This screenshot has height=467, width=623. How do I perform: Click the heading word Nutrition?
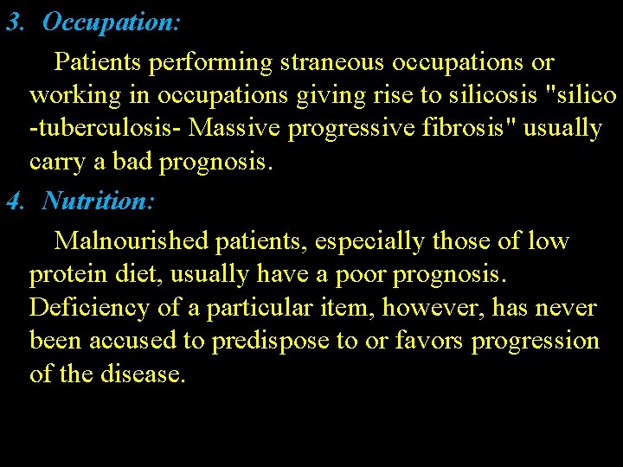98,202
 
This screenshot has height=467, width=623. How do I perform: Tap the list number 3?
13,23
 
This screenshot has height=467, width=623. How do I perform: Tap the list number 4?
13,202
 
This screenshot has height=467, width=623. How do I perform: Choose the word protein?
66,275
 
